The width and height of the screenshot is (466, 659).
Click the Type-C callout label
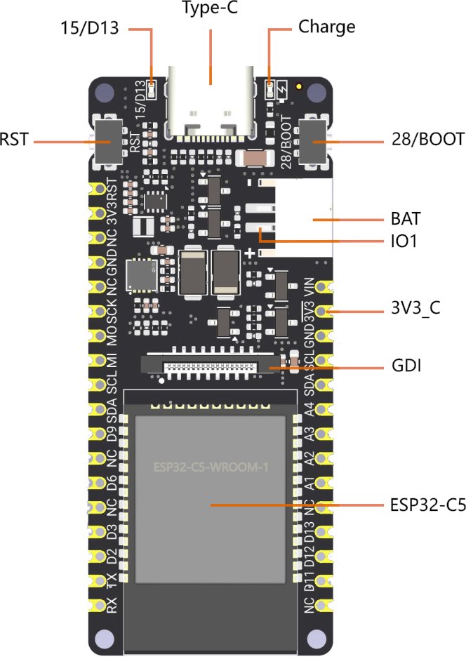[209, 9]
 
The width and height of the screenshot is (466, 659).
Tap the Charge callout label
[326, 27]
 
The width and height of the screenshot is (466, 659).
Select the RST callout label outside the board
[14, 139]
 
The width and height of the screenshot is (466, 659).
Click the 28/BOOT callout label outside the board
[427, 139]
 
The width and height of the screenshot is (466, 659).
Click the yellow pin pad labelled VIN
[323, 288]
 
